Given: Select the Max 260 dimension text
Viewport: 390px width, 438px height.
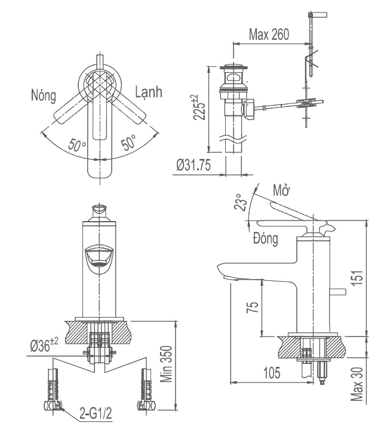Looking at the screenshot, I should tap(269, 34).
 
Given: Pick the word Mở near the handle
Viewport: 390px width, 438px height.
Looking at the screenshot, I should tap(281, 191).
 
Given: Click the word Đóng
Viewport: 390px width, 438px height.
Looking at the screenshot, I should tap(265, 240).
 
